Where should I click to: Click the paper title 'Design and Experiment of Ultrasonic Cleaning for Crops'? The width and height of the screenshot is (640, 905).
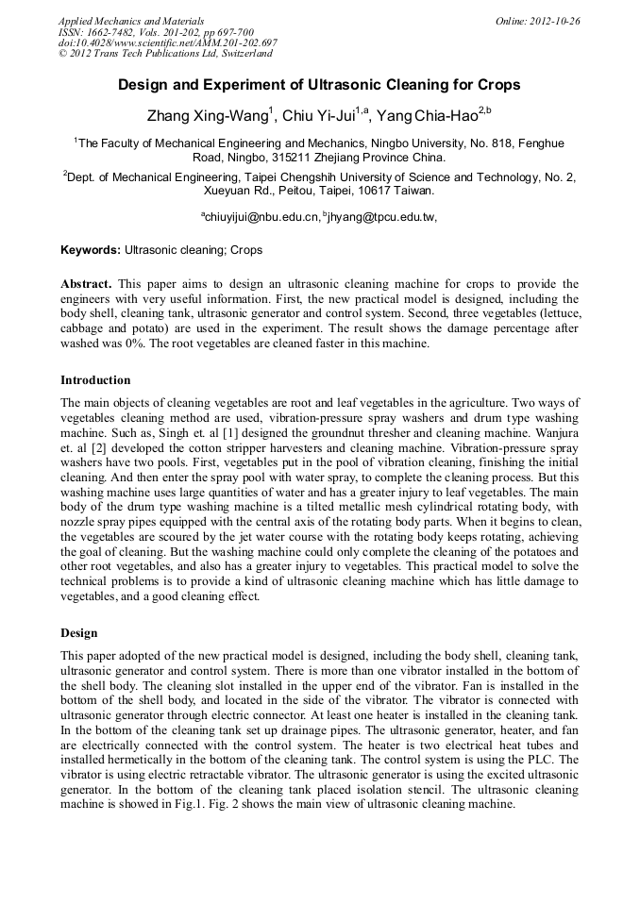[x=319, y=85]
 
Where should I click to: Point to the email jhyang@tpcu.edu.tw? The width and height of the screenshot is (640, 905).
[x=381, y=217]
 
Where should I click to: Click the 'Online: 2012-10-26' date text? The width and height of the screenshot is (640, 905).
[x=537, y=21]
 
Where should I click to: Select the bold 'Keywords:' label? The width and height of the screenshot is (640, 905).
[x=91, y=251]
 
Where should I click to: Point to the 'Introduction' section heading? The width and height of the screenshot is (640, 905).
[x=95, y=380]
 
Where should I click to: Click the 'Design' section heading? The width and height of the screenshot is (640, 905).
[x=79, y=631]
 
